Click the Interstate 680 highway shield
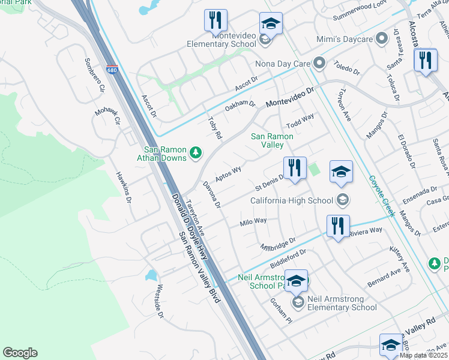[112, 70]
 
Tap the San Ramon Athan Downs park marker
[195, 154]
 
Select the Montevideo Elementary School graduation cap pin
[271, 25]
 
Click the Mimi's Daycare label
[345, 40]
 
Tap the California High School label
[292, 200]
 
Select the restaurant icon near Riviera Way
[338, 226]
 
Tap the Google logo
[20, 353]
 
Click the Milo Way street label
[253, 221]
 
